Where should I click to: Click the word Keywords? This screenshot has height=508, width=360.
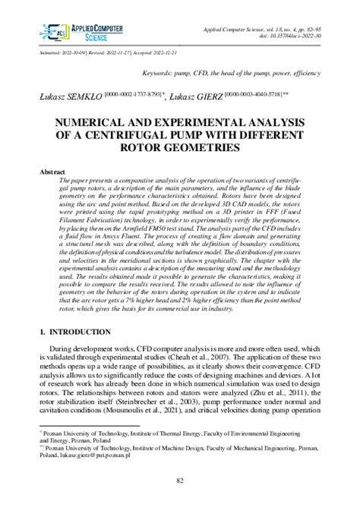(159, 75)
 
